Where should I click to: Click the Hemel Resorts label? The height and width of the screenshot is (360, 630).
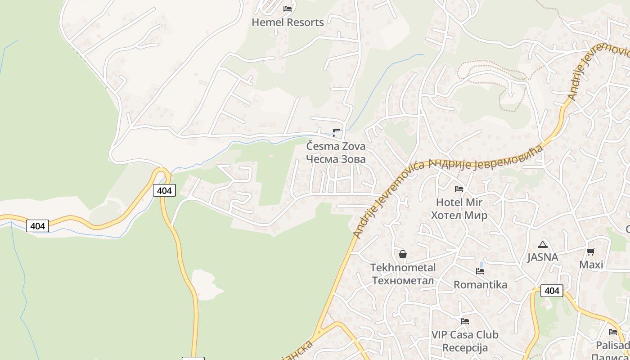click(288, 22)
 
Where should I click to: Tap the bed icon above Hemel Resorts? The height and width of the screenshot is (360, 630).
click(288, 9)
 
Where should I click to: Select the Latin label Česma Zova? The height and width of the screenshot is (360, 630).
click(336, 146)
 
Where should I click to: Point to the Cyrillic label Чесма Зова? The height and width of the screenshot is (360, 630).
click(336, 159)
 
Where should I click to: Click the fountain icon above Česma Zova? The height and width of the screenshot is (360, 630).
click(336, 132)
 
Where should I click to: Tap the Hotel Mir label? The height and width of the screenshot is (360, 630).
click(459, 202)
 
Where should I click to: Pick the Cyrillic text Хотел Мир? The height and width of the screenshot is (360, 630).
click(459, 215)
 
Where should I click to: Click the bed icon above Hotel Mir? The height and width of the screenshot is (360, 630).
click(459, 189)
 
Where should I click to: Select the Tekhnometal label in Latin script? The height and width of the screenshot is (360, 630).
click(403, 268)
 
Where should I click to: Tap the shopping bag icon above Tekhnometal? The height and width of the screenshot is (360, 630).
click(403, 254)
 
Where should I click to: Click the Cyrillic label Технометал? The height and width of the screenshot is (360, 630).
click(403, 281)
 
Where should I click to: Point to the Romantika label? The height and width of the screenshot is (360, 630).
click(480, 285)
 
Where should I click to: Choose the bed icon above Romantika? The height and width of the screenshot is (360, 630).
click(480, 271)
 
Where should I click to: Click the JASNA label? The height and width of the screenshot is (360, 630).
click(543, 257)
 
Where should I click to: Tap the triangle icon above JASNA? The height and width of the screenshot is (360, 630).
click(543, 244)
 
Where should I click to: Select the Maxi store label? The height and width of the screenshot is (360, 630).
click(591, 265)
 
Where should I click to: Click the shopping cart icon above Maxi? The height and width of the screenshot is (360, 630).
click(591, 252)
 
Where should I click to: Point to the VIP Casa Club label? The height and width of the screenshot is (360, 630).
click(465, 335)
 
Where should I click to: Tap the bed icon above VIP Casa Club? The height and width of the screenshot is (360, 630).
click(465, 321)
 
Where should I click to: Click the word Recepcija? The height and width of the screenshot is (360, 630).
click(465, 348)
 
